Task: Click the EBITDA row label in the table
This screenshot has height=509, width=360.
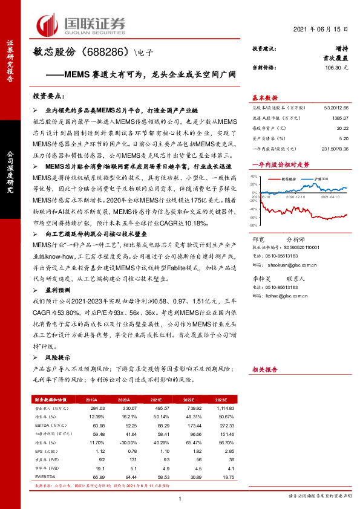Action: click(44, 426)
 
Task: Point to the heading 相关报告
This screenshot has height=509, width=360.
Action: click(264, 369)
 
